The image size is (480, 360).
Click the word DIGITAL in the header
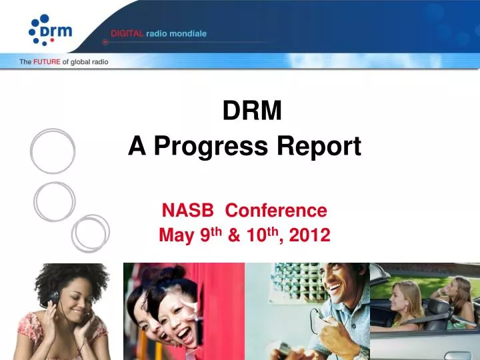127,33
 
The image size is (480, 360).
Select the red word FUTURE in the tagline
47,62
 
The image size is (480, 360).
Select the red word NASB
189,211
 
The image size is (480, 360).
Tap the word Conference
276,211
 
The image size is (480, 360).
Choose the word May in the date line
174,235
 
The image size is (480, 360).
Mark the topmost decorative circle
52,151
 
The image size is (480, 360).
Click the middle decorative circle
55,201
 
